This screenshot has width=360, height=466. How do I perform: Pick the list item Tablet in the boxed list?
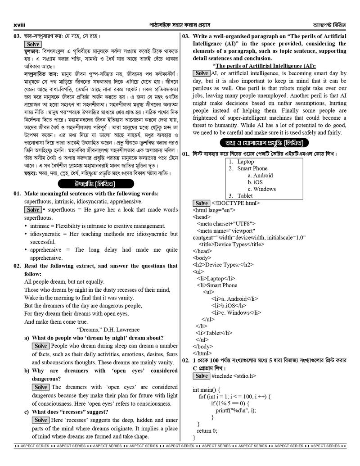[x=245, y=196]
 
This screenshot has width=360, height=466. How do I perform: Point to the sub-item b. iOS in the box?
[x=255, y=182]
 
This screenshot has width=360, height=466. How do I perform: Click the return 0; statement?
[x=207, y=430]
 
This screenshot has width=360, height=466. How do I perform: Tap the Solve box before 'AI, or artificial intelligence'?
[x=201, y=73]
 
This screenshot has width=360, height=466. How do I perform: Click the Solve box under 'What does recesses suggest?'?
[x=40, y=420]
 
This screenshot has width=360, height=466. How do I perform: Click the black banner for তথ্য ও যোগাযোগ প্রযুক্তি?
[x=264, y=143]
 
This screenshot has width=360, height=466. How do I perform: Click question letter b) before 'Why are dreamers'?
[x=27, y=371]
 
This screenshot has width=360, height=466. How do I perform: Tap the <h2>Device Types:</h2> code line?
[x=223, y=265]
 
